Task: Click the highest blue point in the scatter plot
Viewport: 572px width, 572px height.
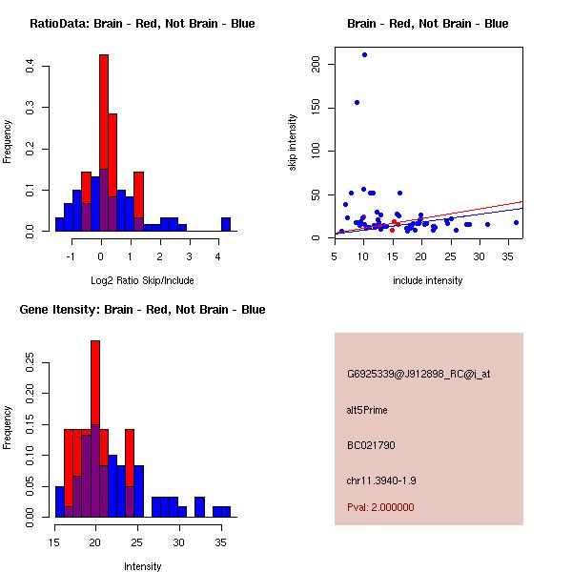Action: click(x=364, y=54)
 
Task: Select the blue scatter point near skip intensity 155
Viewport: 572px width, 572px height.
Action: click(x=357, y=102)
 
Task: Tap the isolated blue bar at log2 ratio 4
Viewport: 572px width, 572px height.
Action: click(x=226, y=225)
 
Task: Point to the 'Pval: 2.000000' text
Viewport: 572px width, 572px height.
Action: click(x=380, y=507)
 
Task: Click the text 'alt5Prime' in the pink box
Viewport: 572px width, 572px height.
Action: click(x=367, y=410)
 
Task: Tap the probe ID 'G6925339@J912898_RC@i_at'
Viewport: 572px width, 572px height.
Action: click(x=419, y=375)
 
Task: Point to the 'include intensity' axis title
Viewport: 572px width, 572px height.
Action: click(x=428, y=280)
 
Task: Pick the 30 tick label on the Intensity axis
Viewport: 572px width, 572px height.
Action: click(x=178, y=541)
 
